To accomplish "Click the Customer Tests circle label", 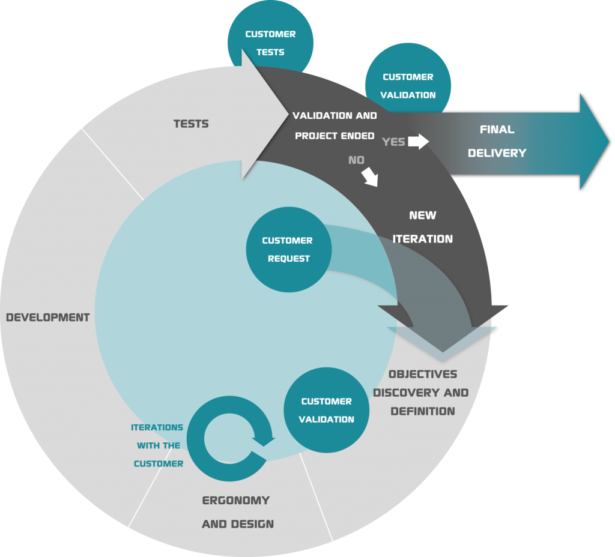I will click(x=270, y=43).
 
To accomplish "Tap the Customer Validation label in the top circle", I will click(x=408, y=86).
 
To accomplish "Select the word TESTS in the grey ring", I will click(x=191, y=124).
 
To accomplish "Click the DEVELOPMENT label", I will click(x=48, y=317).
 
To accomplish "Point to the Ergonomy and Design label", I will click(x=237, y=512).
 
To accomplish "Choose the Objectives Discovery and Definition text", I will click(x=422, y=393).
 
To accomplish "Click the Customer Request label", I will click(x=287, y=250).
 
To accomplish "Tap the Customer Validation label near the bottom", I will click(x=327, y=411).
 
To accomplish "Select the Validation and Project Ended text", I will click(x=335, y=125).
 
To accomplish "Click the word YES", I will click(x=393, y=142).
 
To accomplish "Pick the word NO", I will click(x=356, y=160).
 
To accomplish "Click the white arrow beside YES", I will click(x=418, y=142).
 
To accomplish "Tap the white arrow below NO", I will click(x=371, y=176).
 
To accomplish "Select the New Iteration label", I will click(x=423, y=227).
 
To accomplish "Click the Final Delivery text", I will click(x=497, y=141).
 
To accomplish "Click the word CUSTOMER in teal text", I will click(x=159, y=463).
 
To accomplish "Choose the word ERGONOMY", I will click(x=236, y=501).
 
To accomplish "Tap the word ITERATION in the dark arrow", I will click(x=423, y=239).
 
